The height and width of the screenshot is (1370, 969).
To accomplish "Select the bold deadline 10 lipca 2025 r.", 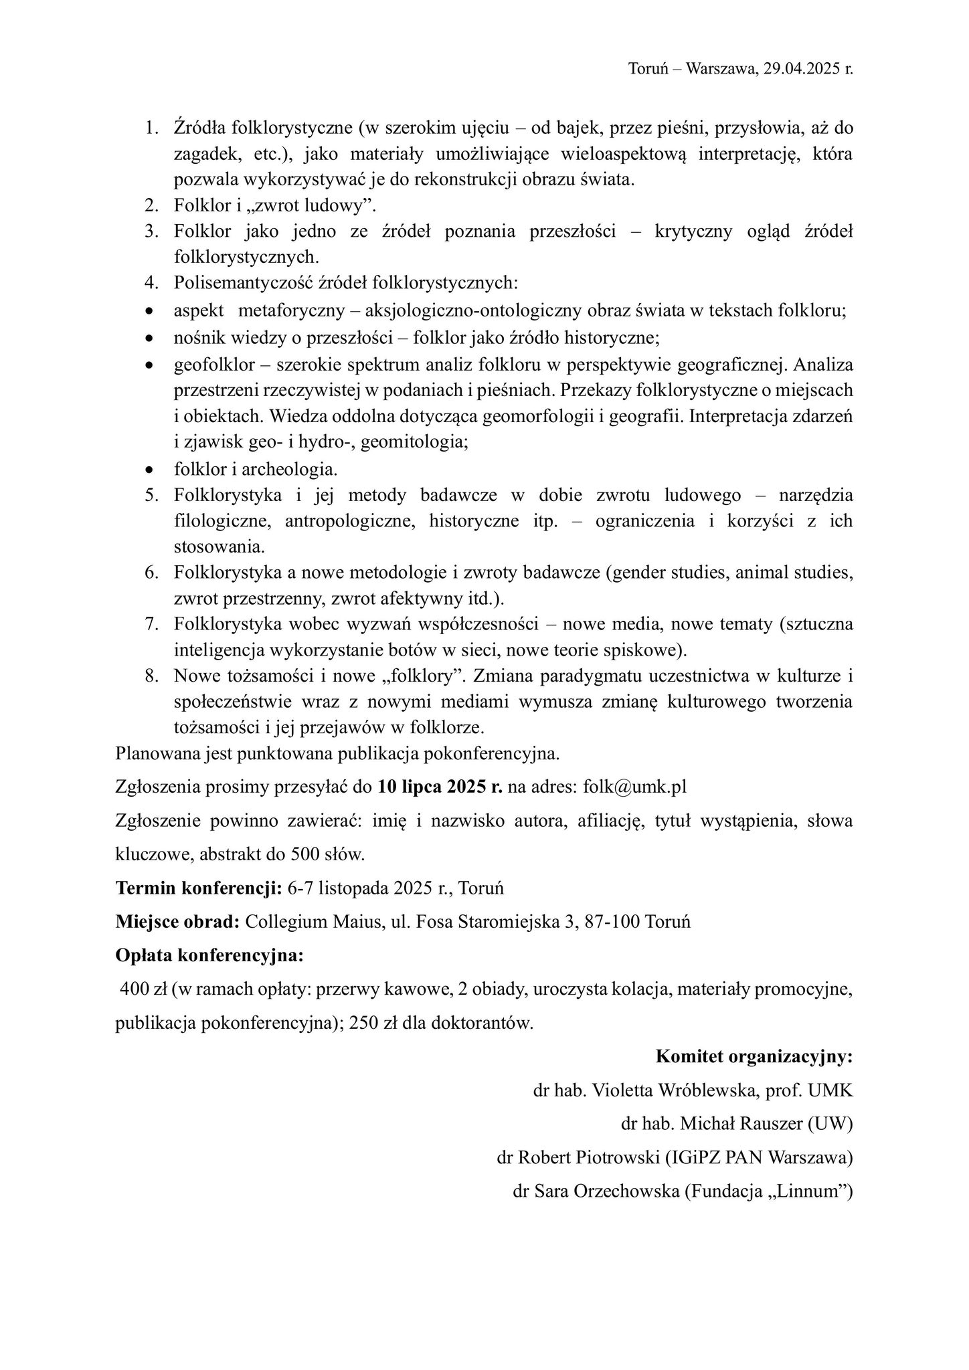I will coord(440,787).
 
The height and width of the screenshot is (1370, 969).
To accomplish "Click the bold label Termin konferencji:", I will coord(199,889).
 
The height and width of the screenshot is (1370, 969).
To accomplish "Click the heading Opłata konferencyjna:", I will coord(209,955).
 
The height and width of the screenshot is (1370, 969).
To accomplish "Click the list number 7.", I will coord(151,625).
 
